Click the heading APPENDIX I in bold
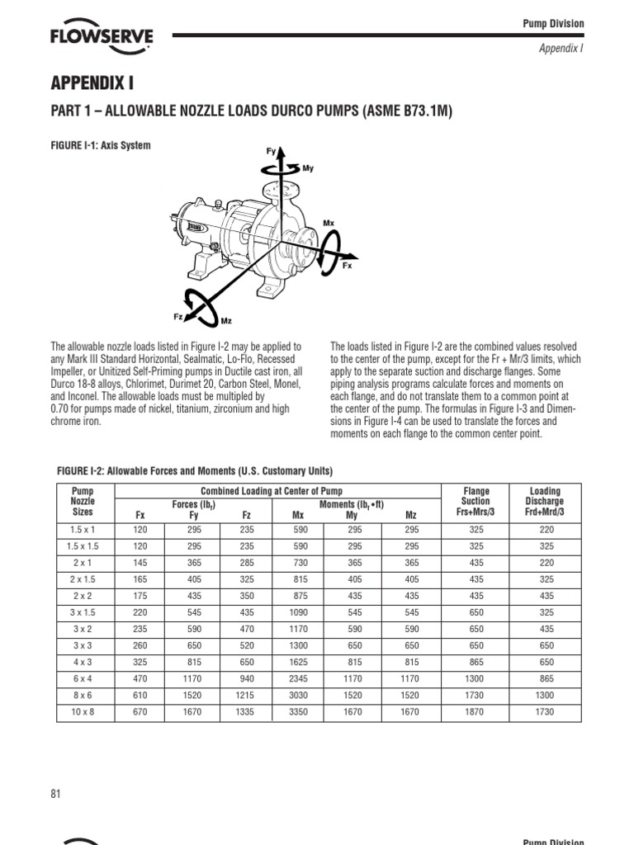pos(93,85)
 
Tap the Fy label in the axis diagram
pos(271,151)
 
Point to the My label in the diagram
pos(308,168)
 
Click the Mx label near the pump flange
pos(329,222)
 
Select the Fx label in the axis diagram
pos(347,267)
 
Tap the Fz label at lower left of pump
pos(177,316)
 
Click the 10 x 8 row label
pos(83,711)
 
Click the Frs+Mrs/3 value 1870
pos(475,711)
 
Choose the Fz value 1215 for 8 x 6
pos(246,696)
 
